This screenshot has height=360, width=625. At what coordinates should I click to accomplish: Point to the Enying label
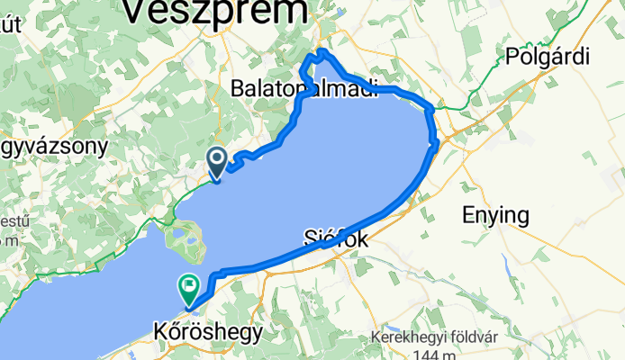coord(496,215)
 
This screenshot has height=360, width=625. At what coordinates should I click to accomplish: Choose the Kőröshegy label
coord(207,332)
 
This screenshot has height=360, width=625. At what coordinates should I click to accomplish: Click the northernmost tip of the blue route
coord(320,50)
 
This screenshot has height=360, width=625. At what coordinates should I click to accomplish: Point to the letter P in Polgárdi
coord(514,55)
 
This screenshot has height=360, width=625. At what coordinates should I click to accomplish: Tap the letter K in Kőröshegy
coord(159,332)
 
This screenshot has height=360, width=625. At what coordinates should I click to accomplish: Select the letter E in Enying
coord(468,215)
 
